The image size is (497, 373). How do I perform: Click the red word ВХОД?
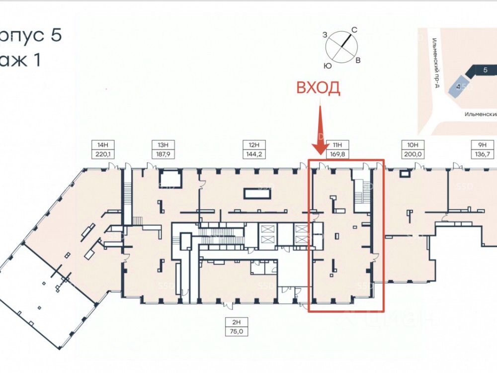coord(319,88)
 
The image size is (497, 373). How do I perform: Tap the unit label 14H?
coord(103,145)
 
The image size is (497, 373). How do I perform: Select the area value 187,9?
coord(164,154)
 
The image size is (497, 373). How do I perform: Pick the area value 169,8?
coord(337,154)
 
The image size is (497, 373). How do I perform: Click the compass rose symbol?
coord(342,47)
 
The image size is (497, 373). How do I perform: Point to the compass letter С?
coord(355,30)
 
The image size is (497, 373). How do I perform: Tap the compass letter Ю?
coord(328,66)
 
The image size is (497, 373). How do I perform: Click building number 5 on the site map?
coord(484,70)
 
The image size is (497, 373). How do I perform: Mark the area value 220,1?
coord(103,154)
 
